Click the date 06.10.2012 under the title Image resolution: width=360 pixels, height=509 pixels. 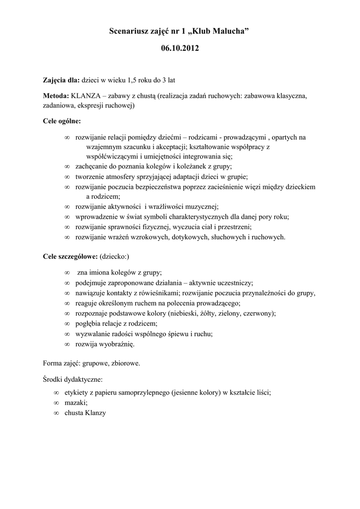click(x=180, y=49)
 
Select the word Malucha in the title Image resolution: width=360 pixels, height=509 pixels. click(x=229, y=32)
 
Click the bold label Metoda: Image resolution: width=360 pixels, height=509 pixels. click(x=56, y=95)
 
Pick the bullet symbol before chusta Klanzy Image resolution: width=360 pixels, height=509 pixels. click(x=56, y=413)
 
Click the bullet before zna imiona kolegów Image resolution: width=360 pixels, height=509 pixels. click(x=67, y=272)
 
